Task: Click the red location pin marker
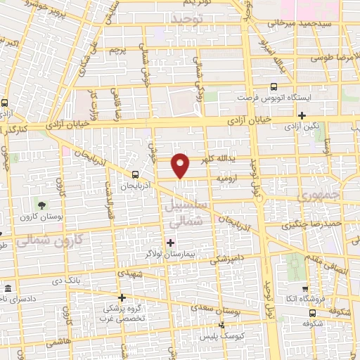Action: (x=181, y=165)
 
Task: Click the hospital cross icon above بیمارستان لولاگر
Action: (x=171, y=243)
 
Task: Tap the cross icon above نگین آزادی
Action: (x=302, y=116)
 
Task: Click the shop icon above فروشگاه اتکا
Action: (x=304, y=288)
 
